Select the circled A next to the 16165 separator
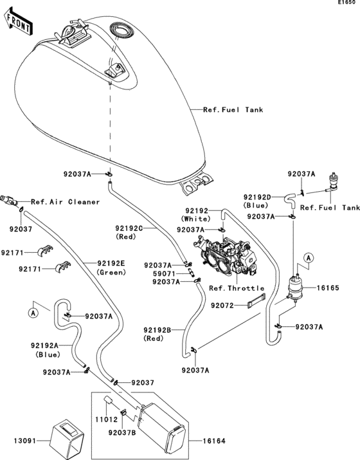308,258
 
